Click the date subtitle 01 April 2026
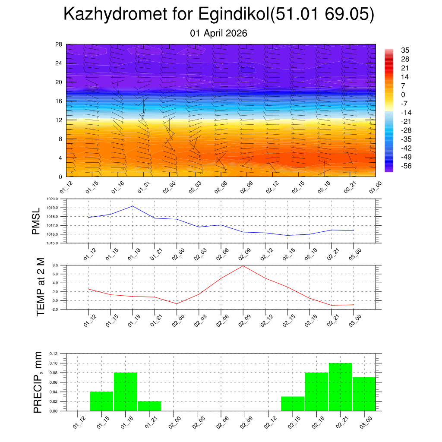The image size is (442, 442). (218, 33)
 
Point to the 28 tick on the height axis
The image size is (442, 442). (59, 44)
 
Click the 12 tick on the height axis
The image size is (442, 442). (59, 120)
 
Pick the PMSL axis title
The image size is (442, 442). (36, 221)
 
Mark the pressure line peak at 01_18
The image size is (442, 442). (133, 206)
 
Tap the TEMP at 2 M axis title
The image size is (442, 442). (41, 287)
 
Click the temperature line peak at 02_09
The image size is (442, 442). (243, 265)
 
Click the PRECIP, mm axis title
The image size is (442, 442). (38, 382)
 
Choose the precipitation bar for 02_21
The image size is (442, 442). (340, 387)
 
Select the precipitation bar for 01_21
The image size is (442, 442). (149, 406)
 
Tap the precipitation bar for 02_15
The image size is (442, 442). (292, 404)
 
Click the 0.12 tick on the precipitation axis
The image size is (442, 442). (53, 354)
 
